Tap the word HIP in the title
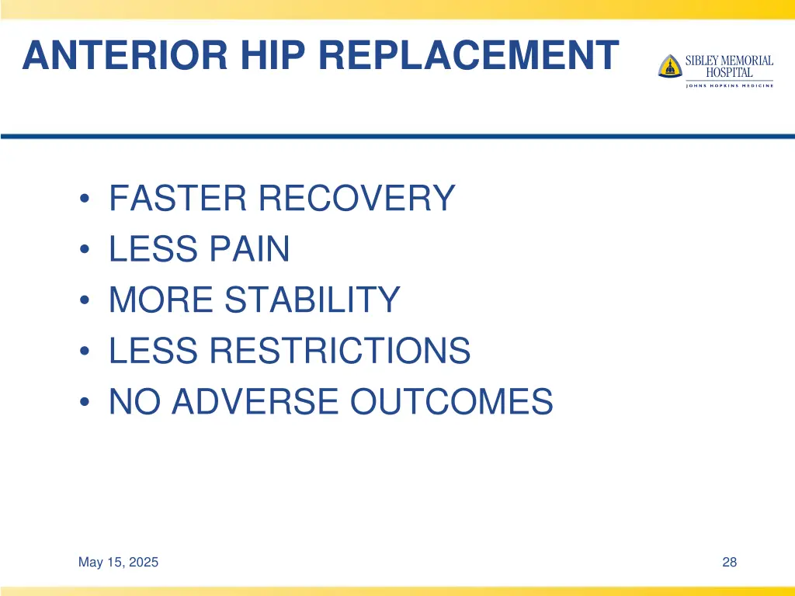tap(261, 55)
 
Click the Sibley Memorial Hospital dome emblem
tap(669, 66)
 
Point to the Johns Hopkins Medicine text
tap(729, 85)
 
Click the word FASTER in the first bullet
tap(178, 199)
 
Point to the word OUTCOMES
tap(451, 402)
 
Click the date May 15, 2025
tap(118, 563)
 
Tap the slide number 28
tap(729, 563)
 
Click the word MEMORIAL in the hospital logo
tap(746, 61)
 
